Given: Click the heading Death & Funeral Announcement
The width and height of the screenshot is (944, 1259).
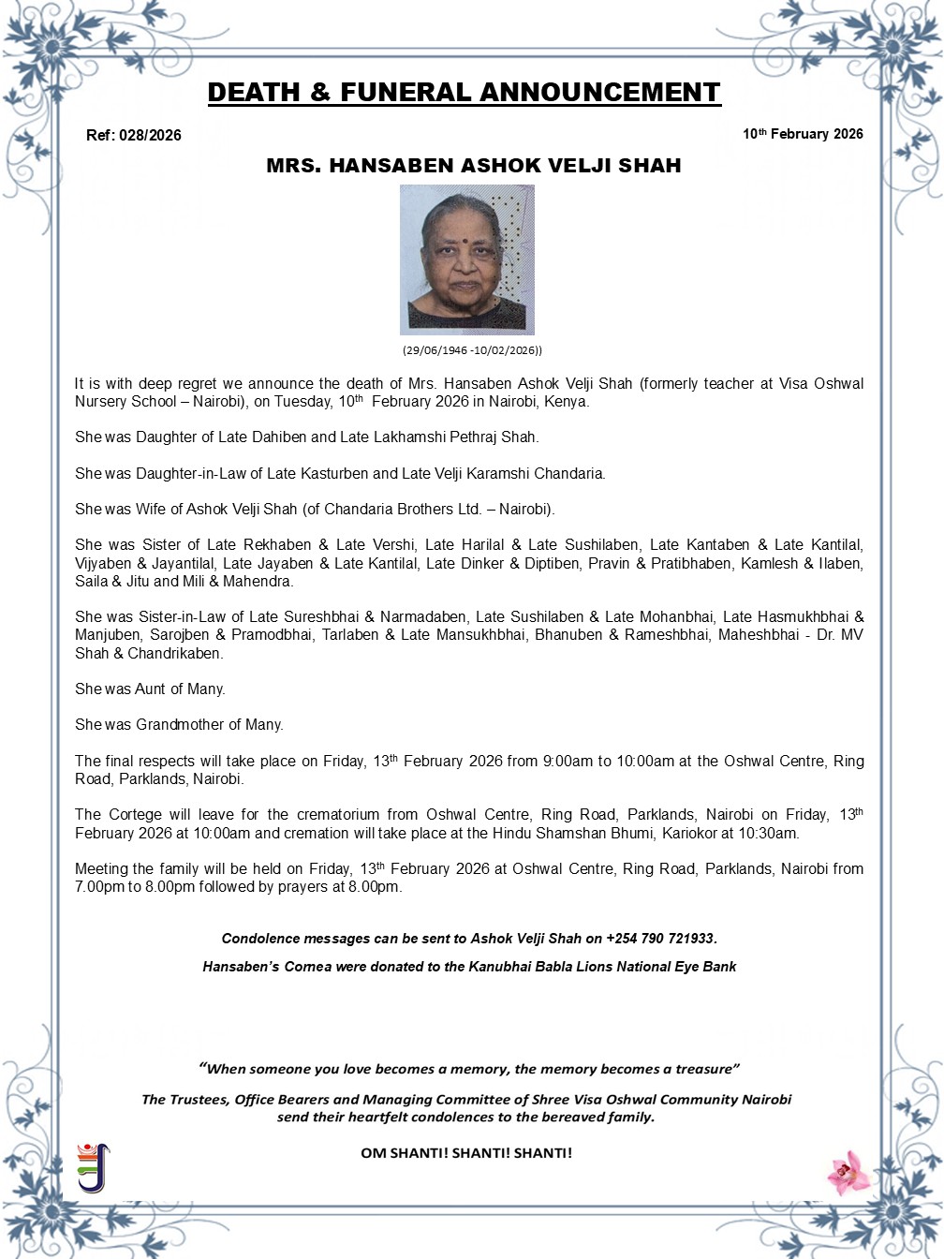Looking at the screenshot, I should click(x=464, y=92).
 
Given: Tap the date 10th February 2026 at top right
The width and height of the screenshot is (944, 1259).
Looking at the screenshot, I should click(x=803, y=134).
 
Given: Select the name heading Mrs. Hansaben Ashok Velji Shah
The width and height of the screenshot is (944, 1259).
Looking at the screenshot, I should click(x=473, y=166).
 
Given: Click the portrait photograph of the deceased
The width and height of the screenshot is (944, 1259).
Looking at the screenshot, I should click(x=466, y=259).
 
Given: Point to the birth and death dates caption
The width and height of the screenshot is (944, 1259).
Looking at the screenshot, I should click(x=473, y=350).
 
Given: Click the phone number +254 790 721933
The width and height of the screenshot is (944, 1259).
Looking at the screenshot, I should click(x=660, y=938).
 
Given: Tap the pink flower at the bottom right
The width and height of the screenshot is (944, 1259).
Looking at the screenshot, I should click(x=848, y=1172).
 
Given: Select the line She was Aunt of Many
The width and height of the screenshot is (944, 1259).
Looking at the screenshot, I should click(x=150, y=689).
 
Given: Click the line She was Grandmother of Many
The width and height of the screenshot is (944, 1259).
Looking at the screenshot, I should click(x=179, y=724).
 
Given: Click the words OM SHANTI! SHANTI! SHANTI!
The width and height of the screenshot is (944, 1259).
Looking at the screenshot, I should click(x=465, y=1152).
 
